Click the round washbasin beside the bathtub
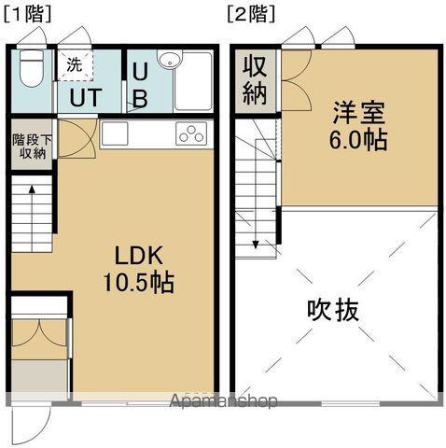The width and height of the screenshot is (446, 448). (168, 61)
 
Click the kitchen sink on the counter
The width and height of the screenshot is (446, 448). (119, 133)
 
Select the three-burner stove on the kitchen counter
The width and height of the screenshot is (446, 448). (191, 133)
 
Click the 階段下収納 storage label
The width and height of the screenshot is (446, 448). (33, 148)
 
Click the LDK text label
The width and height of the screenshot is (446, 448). (139, 255)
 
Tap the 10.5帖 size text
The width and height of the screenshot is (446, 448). (139, 282)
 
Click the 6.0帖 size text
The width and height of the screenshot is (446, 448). (359, 143)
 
